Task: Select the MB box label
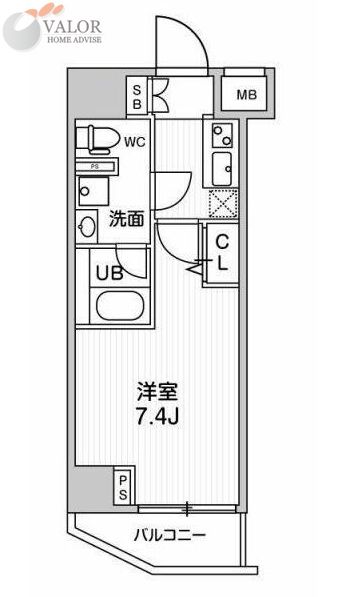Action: pos(245,95)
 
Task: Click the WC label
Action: pos(135,142)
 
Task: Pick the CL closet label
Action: pos(224,254)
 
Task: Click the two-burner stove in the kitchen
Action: pos(220,134)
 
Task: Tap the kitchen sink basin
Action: pos(223,167)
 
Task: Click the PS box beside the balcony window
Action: pos(123,487)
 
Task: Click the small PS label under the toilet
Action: pos(95,166)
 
